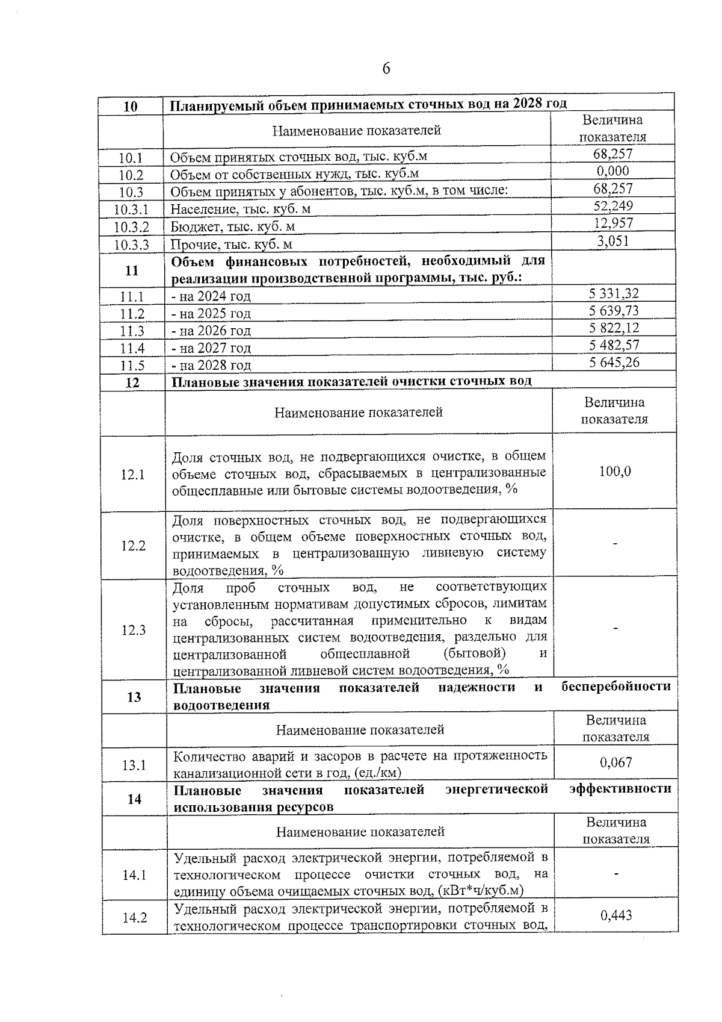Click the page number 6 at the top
386,69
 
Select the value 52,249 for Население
613,206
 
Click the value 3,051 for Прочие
613,241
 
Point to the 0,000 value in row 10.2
613,171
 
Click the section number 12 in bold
132,382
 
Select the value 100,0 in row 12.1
614,471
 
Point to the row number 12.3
134,630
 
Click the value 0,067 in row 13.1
616,762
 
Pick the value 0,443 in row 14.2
616,916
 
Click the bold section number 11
132,270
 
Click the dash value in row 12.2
615,544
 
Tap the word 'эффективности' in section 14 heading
620,789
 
